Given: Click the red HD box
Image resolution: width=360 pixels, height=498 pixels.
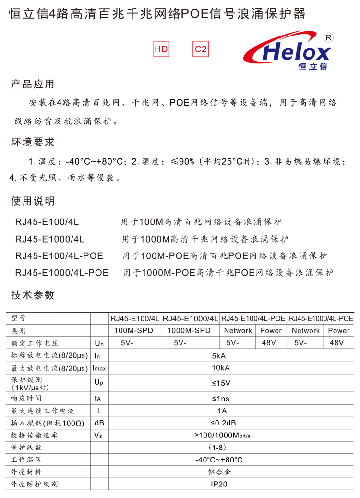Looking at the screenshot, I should [x=162, y=49].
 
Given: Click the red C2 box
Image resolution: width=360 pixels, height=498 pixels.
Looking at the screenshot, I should [x=201, y=49].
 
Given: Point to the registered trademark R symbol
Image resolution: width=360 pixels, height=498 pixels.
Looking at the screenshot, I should [x=329, y=37].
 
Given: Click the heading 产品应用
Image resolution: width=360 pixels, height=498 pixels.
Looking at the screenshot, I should [x=33, y=85].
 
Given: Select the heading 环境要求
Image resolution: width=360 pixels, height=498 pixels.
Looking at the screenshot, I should [x=33, y=142].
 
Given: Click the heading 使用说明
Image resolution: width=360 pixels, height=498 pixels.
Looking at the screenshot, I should [x=33, y=201].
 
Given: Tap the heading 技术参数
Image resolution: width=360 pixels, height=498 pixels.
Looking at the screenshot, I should [x=33, y=295].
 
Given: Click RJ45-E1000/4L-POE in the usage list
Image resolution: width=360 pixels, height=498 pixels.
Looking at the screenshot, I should [x=62, y=273].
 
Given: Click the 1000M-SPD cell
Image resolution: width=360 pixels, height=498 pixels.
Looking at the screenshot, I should [x=189, y=330].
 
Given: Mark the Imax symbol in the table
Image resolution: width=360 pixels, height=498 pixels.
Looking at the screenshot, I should [x=99, y=368].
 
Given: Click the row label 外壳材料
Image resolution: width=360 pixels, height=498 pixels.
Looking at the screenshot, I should [x=26, y=472].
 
